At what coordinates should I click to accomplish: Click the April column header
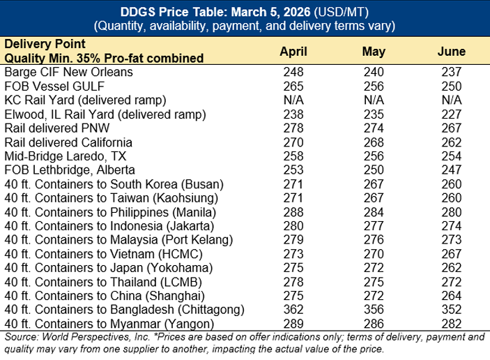(293, 52)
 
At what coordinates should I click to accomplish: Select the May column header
(374, 52)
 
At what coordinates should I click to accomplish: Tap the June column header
(452, 52)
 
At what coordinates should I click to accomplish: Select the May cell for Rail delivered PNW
(374, 128)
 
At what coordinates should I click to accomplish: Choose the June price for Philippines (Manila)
(452, 210)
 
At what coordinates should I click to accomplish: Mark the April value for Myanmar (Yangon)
(293, 324)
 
